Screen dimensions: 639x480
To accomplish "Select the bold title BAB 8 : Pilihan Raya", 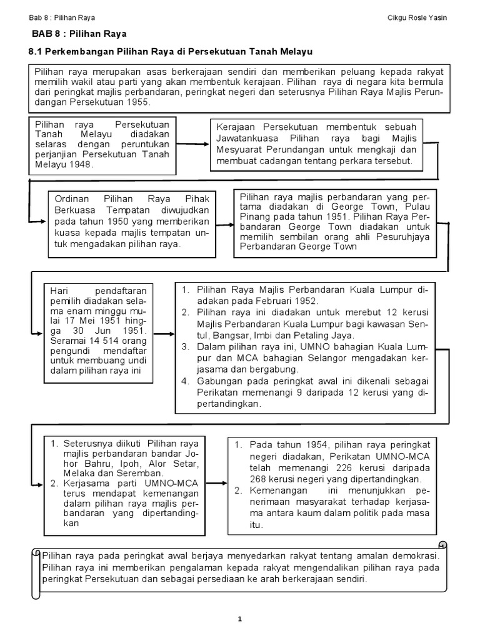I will (79, 34).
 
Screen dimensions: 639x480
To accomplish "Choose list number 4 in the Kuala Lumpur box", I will (185, 381).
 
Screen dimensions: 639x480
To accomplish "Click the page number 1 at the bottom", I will (239, 618).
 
